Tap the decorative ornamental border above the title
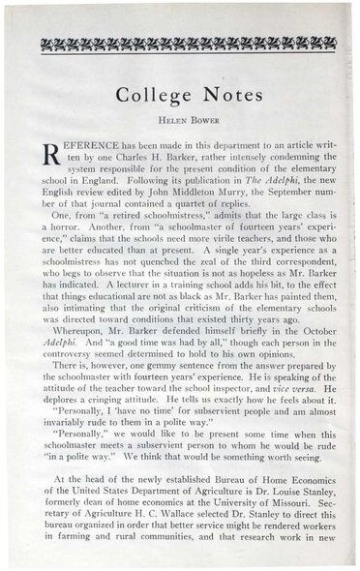[x=180, y=42]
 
